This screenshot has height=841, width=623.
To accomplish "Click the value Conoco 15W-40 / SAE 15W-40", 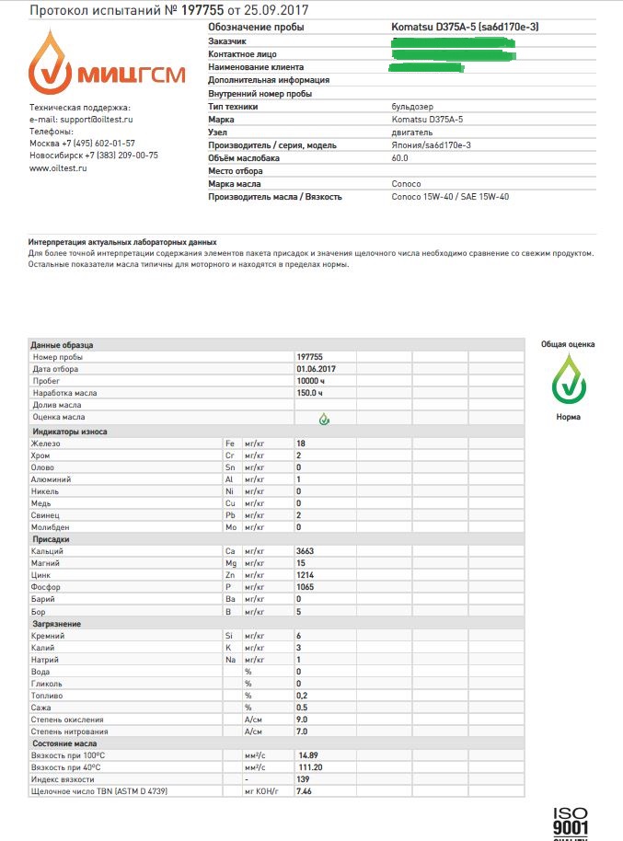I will (x=450, y=197).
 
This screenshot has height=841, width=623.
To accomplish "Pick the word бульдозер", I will (x=410, y=107).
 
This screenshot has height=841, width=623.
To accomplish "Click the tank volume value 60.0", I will (x=400, y=158).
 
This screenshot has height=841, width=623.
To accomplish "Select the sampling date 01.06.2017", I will (x=315, y=368).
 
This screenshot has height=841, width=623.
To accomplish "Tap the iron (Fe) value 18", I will (x=300, y=444).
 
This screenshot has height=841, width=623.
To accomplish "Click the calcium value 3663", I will (x=306, y=551).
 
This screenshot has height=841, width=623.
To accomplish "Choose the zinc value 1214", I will (x=306, y=575).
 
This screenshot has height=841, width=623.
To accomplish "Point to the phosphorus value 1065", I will (x=306, y=587).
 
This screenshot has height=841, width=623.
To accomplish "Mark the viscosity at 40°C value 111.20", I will (x=310, y=767).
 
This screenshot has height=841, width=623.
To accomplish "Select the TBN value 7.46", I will (x=304, y=791).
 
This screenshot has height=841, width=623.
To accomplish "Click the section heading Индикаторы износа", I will (x=70, y=432).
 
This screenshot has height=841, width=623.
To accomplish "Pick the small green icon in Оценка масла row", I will (x=323, y=419).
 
